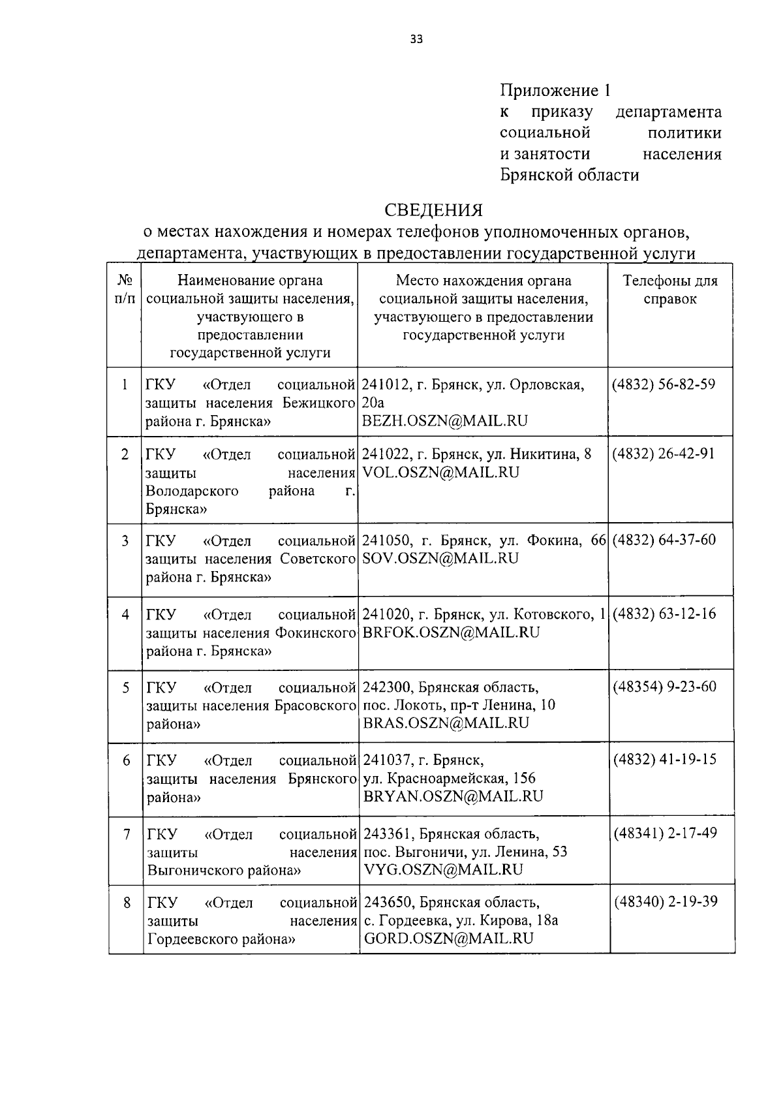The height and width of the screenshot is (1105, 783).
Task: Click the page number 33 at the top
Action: click(x=416, y=39)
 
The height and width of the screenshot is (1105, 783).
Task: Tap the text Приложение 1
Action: click(x=557, y=91)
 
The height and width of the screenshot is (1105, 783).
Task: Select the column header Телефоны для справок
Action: click(x=670, y=290)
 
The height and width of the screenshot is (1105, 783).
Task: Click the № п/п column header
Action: click(x=125, y=290)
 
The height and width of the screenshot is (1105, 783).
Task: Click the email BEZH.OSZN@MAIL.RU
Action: click(x=444, y=421)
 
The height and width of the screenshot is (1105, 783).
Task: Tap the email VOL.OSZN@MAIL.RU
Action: click(x=440, y=473)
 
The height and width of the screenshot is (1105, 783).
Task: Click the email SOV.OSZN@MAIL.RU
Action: click(x=440, y=558)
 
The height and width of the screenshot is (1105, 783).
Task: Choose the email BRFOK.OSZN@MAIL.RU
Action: click(x=451, y=632)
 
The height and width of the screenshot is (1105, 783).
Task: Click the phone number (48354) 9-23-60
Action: click(x=664, y=687)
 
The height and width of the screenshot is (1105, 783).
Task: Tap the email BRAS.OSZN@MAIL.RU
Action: click(x=446, y=723)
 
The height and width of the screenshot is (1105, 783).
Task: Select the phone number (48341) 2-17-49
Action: click(x=665, y=833)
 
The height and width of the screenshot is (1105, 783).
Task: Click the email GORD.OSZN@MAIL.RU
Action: click(x=449, y=939)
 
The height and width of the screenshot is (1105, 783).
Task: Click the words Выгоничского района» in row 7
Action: click(x=224, y=870)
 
